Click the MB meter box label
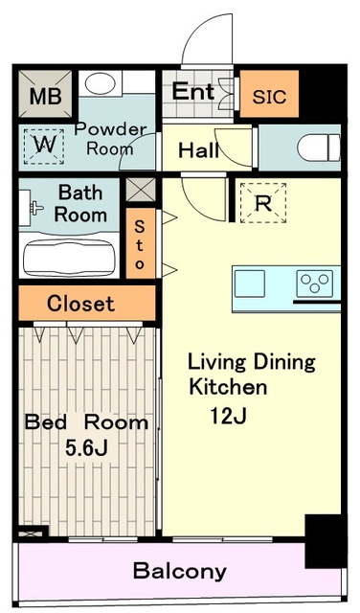click(x=46, y=96)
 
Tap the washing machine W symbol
click(x=44, y=147)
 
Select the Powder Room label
click(x=110, y=139)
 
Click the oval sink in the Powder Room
click(x=101, y=83)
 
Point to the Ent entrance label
click(x=193, y=92)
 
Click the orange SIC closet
click(x=269, y=94)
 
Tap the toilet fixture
click(x=319, y=148)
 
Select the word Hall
click(x=198, y=150)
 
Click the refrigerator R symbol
click(x=263, y=203)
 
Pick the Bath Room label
click(x=80, y=204)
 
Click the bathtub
click(x=69, y=258)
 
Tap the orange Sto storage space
click(x=141, y=243)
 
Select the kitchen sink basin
click(x=249, y=284)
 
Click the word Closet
click(x=81, y=304)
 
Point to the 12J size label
click(x=228, y=416)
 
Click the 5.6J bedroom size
click(x=86, y=448)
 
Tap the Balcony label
click(x=180, y=571)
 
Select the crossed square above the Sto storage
click(x=141, y=190)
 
